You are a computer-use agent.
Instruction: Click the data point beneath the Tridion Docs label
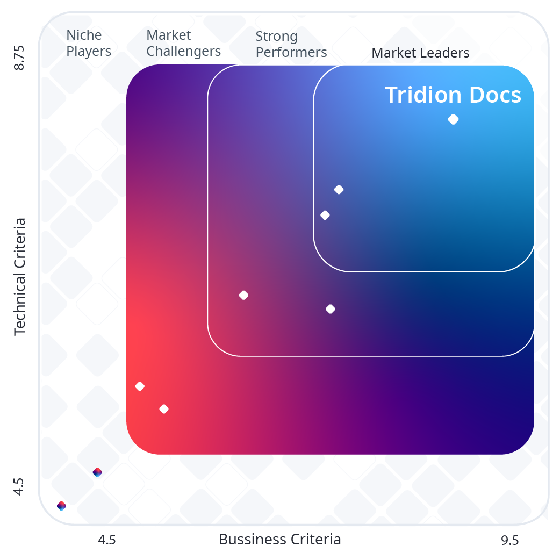[x=453, y=119]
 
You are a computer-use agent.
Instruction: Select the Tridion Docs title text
[x=453, y=95]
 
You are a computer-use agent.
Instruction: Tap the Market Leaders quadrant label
[x=420, y=53]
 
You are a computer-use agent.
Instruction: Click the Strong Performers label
[x=291, y=44]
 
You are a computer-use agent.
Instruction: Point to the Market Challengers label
[x=183, y=43]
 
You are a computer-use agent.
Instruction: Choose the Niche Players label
[x=89, y=43]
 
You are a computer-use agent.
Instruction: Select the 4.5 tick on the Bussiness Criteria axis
[x=106, y=540]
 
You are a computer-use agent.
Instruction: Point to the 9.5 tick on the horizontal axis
[x=509, y=540]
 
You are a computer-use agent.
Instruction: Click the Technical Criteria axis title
[x=20, y=276]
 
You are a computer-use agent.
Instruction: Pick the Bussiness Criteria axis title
[x=279, y=539]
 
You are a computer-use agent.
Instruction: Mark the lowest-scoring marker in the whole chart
[x=61, y=506]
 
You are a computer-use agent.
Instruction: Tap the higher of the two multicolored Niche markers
[x=97, y=472]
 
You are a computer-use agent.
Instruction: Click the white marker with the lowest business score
[x=140, y=386]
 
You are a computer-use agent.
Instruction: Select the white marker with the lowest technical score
[x=164, y=409]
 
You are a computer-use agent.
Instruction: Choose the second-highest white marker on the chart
[x=339, y=189]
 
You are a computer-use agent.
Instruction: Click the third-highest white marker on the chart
[x=325, y=215]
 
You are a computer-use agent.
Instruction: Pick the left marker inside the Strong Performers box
[x=243, y=295]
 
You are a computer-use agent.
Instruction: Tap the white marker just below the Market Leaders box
[x=331, y=309]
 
